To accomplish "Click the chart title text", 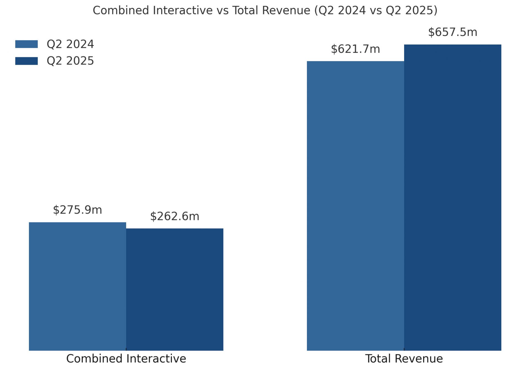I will point(265,11).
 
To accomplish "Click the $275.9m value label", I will point(78,210).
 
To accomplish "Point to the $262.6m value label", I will point(175,216).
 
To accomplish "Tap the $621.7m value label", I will point(356,49).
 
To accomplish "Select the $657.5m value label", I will point(453,32).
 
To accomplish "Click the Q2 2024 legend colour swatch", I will point(26,44).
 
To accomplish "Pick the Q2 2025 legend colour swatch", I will point(26,61).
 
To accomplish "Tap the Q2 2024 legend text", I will point(70,44).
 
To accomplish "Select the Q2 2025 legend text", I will point(70,61).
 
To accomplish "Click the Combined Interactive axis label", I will point(126,359).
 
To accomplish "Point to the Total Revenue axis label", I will point(404,359).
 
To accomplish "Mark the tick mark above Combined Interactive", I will point(126,350).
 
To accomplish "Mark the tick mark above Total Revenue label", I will point(404,350).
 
